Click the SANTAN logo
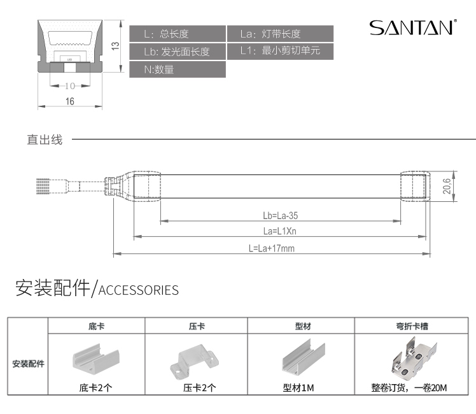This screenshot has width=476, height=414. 412,28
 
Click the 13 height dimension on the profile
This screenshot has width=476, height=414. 115,46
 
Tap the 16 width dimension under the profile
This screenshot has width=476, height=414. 70,101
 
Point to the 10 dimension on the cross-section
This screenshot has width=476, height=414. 70,85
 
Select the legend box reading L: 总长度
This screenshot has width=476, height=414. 178,34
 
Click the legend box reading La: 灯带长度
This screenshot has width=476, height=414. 280,34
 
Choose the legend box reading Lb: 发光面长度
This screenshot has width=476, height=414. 178,52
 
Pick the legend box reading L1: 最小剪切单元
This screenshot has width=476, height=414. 280,52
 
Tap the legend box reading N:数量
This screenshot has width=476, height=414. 178,69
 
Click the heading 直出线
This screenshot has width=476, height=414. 45,139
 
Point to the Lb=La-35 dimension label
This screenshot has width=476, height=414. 280,216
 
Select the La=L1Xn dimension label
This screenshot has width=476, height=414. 280,231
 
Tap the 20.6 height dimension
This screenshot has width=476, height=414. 447,186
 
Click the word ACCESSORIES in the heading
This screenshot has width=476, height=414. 139,291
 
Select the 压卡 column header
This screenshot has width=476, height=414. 197,325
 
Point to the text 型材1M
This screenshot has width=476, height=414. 299,387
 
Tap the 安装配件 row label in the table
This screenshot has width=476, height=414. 28,364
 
